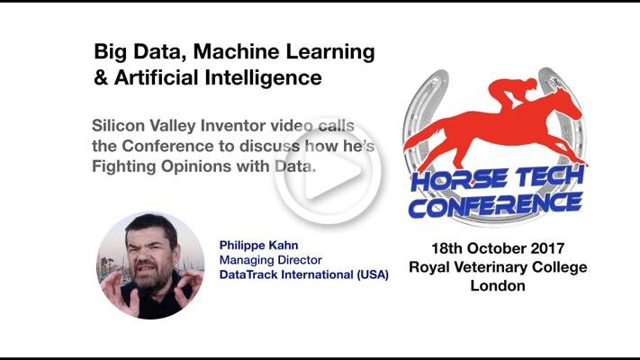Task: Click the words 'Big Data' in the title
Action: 140,52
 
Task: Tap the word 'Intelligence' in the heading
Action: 263,77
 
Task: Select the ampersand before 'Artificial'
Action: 101,77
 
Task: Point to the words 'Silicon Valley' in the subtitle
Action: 144,126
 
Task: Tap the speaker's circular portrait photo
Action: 150,265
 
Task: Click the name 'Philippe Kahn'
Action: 258,245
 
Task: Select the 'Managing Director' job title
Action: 271,260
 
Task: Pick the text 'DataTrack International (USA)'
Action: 303,274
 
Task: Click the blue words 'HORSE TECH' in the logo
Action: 497,180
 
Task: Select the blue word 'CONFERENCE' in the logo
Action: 495,205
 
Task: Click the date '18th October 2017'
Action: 498,248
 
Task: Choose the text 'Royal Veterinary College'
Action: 498,267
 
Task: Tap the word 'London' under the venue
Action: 498,285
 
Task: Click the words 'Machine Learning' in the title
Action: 284,52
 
